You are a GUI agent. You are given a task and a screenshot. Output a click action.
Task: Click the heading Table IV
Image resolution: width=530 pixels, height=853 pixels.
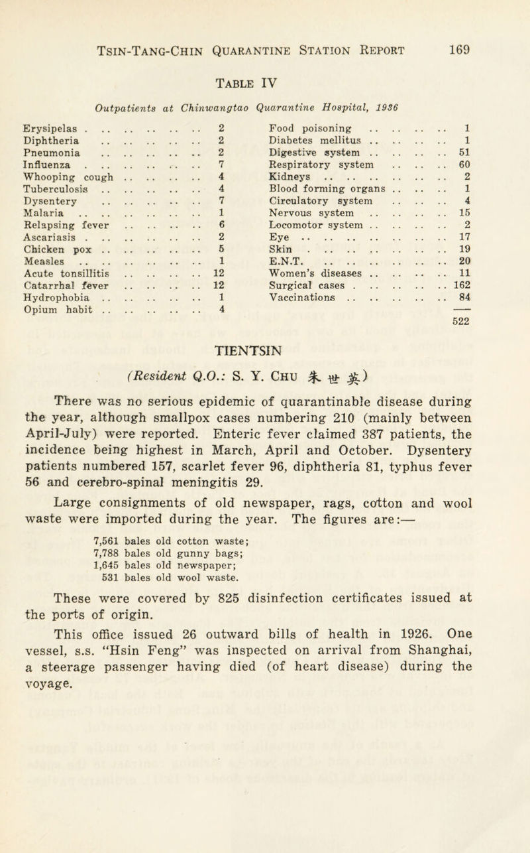pyautogui.click(x=263, y=83)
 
